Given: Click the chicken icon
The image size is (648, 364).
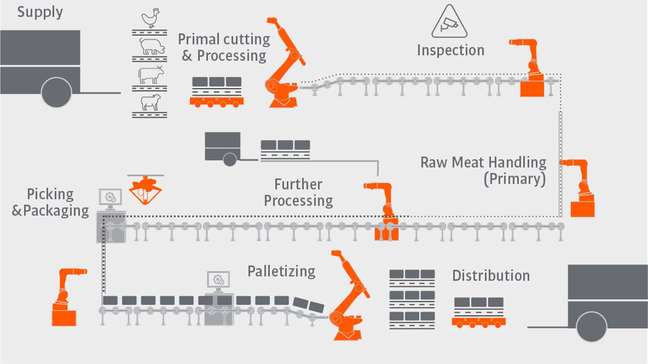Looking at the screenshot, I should point(150,18).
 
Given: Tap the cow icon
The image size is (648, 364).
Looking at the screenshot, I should point(150,75).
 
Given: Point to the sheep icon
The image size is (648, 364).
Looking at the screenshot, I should point(150,102).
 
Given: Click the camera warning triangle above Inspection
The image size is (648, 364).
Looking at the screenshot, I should point(449,22).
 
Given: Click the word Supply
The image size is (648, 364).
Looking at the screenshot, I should point(40,12).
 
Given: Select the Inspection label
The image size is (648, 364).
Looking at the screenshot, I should point(451,50).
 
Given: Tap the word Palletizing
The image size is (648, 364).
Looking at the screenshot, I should point(281,272).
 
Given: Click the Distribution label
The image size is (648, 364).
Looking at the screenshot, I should point(491,276).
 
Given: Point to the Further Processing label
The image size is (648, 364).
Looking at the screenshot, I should point(298,192).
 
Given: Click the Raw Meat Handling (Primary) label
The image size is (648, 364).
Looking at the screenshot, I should point(483,170).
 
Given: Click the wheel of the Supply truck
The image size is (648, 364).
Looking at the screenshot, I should point(56,92).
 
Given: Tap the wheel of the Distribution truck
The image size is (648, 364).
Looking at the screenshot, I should point(591,326).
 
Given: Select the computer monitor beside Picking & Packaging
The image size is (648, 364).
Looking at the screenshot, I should point(110,198).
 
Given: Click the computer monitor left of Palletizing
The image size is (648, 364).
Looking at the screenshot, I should point(218,280).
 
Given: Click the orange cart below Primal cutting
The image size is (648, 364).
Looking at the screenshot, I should point(217,102).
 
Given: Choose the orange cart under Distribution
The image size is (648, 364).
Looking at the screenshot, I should point(478,322).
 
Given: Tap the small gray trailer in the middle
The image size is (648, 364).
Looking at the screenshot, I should point(223,147).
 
